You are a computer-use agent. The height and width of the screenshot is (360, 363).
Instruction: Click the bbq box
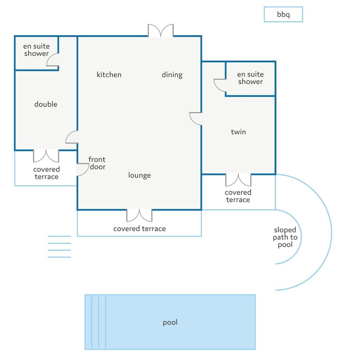click(x=283, y=14)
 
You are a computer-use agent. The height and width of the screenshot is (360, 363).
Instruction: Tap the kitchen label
click(x=109, y=74)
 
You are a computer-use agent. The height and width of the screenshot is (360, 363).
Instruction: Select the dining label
click(x=172, y=75)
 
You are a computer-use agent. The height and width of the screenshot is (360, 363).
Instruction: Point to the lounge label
click(x=140, y=175)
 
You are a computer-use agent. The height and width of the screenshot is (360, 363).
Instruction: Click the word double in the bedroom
click(x=46, y=104)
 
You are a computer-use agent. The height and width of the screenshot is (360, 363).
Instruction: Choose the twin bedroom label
click(x=239, y=132)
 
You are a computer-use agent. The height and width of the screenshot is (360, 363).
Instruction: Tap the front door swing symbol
click(x=83, y=170)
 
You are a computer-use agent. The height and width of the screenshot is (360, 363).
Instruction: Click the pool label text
click(x=170, y=323)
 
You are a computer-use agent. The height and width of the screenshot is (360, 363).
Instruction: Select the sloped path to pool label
click(x=285, y=237)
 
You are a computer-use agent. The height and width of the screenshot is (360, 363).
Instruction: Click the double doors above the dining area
click(x=161, y=30)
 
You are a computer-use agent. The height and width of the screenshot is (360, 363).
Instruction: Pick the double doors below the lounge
click(x=140, y=215)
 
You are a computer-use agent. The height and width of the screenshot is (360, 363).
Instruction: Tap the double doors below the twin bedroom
click(x=238, y=180)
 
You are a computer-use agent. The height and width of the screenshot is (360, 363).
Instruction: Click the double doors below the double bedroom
click(x=46, y=156)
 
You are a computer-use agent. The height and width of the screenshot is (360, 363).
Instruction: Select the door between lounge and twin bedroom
click(x=196, y=119)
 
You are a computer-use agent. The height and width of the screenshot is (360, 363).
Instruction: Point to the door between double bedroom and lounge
click(x=72, y=137)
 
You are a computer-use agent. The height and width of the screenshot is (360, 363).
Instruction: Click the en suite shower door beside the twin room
click(x=220, y=85)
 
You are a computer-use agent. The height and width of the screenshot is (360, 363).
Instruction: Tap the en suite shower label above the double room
click(x=36, y=50)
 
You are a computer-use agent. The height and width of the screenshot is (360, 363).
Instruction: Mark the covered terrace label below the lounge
click(x=140, y=229)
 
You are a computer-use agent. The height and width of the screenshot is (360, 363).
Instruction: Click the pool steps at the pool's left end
click(x=99, y=322)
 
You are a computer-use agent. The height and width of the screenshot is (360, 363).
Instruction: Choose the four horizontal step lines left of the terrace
click(x=59, y=247)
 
